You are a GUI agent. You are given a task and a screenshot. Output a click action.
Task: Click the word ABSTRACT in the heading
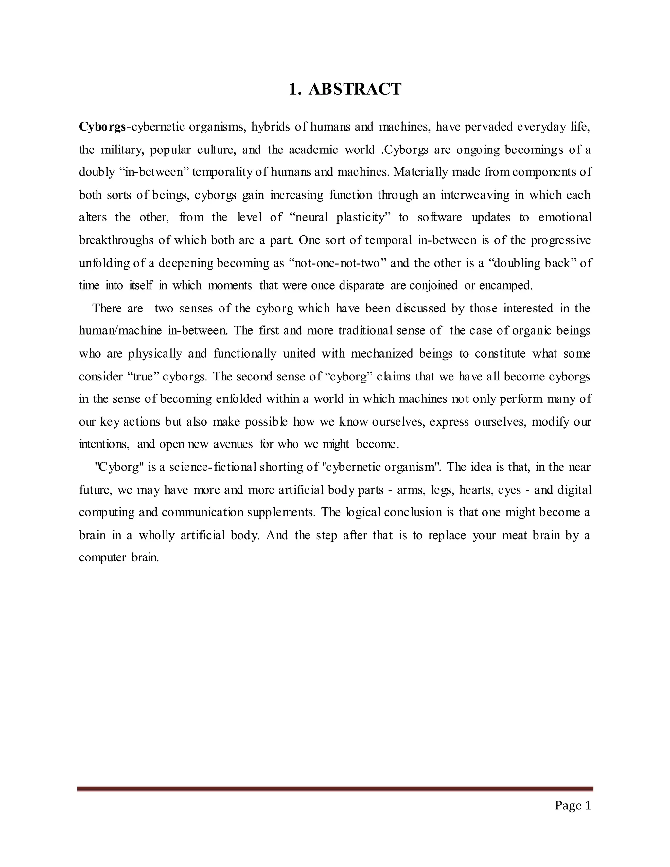coord(355,89)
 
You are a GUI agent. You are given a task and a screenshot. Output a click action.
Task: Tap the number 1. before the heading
coord(294,89)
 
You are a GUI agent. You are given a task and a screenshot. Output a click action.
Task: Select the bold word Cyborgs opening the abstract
coord(102,127)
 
